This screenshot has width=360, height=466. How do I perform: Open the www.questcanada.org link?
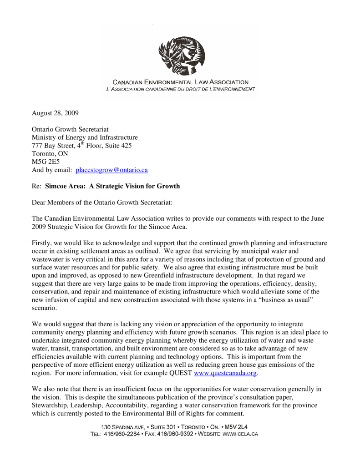coord(225,373)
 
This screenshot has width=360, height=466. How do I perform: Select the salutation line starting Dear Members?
coord(102,202)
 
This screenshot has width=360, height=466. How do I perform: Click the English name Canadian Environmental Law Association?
coord(180,82)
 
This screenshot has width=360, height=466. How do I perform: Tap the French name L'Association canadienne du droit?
coord(180,89)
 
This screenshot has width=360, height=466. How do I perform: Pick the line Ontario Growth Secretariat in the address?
coord(70,129)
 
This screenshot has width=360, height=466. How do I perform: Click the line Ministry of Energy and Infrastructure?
coord(85,137)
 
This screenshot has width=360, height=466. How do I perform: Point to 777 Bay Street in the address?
coord(50,146)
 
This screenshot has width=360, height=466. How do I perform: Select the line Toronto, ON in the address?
coord(50,154)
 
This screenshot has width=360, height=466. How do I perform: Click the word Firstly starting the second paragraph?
coord(41,243)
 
